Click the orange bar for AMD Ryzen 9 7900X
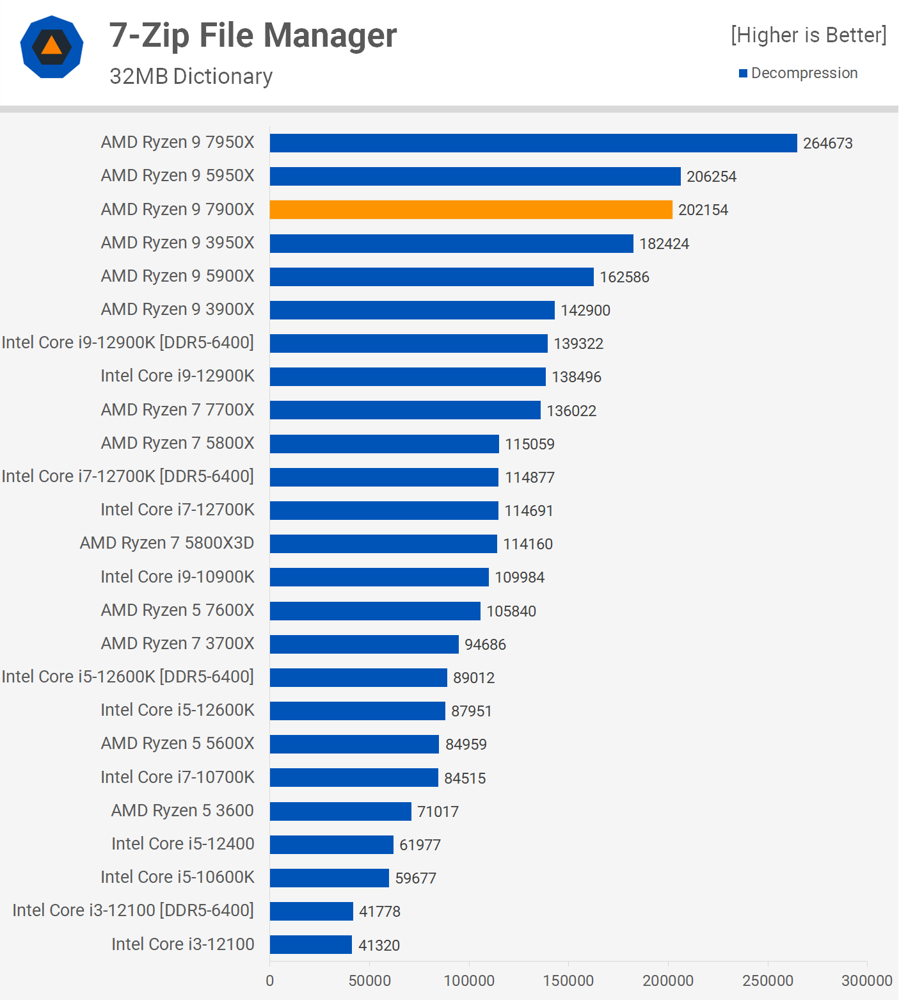471,209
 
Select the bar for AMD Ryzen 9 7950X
533,143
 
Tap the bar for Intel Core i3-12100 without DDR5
311,944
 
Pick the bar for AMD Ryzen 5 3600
340,811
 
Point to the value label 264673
828,143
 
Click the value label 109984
520,577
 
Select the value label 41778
379,912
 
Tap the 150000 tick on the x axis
568,981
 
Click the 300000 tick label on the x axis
866,981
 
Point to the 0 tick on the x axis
270,981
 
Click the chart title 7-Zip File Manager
253,35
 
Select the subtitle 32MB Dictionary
191,76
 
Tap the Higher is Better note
809,35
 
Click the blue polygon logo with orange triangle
52,47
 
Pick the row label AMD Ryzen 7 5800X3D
167,543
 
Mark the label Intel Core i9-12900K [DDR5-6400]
128,343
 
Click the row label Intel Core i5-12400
183,844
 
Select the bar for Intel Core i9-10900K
379,577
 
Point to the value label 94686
485,645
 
